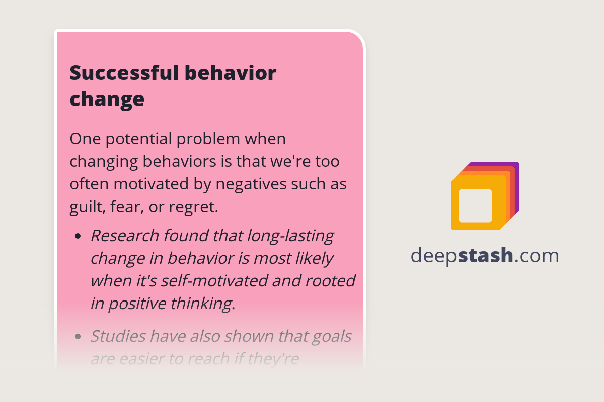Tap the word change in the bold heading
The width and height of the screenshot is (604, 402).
(x=107, y=99)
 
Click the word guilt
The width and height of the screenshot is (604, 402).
(x=85, y=207)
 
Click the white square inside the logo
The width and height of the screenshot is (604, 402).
(x=475, y=206)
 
